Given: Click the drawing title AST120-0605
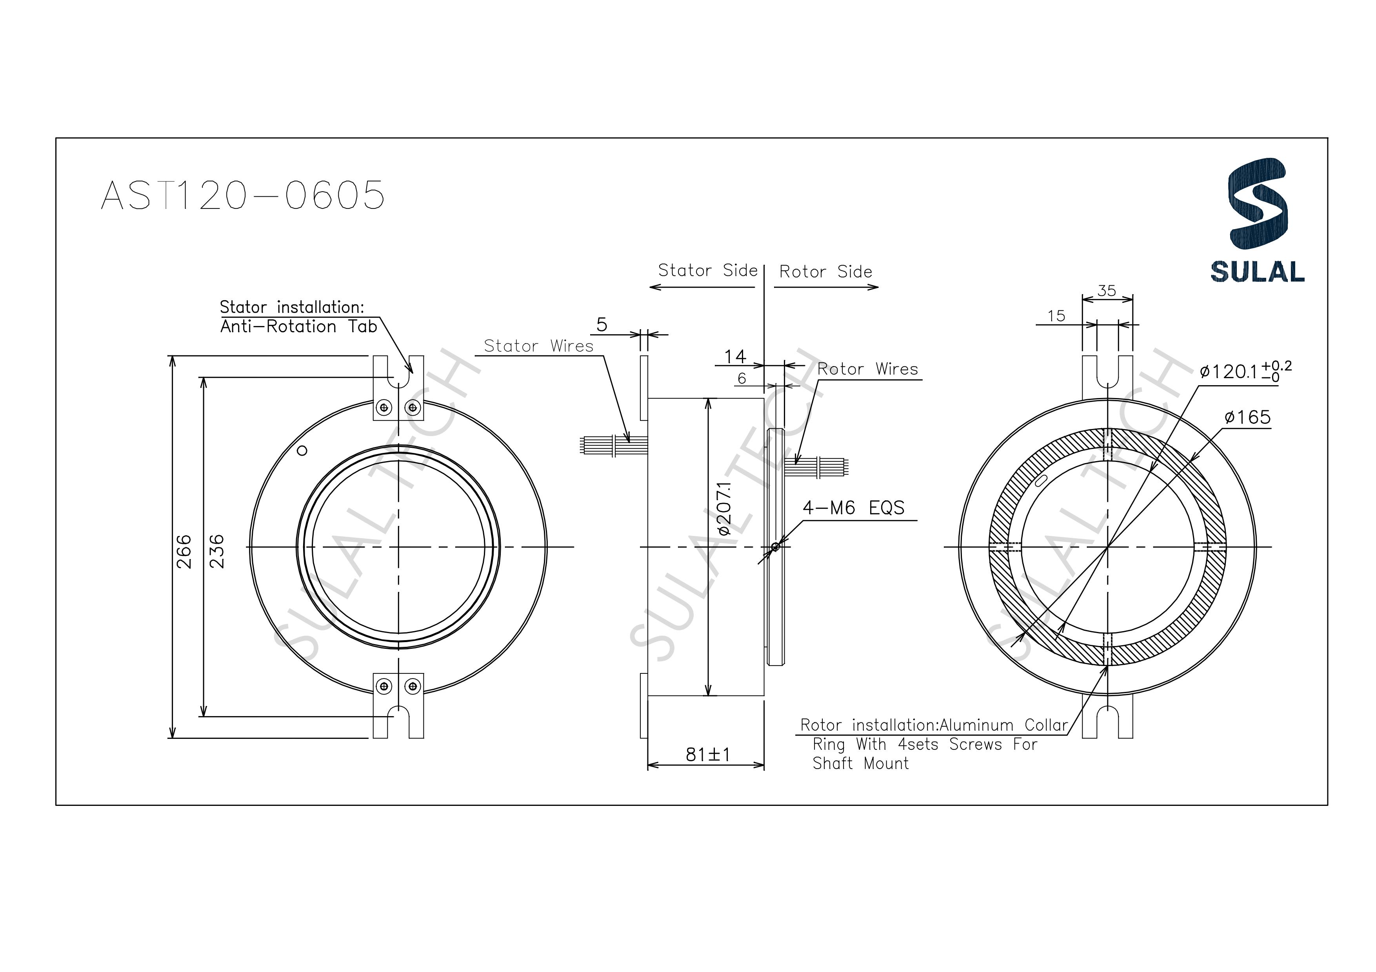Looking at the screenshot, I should click(243, 195).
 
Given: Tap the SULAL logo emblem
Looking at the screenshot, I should click(1257, 204).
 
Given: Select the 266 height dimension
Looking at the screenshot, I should click(184, 552).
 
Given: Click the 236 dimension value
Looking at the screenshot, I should click(216, 552).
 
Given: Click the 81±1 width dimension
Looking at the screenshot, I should click(708, 755).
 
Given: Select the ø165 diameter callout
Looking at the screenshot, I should click(1247, 417).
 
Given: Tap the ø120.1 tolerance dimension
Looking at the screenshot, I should click(1245, 371).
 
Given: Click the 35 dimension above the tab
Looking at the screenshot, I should click(1106, 290).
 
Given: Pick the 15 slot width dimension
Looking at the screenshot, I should click(1056, 316).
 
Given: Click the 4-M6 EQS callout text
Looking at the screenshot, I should click(853, 508).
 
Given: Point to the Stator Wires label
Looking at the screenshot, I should click(538, 346).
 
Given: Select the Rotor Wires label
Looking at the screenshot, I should click(867, 369).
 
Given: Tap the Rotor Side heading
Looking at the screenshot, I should click(825, 272).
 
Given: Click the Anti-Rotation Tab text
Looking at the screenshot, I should click(298, 326).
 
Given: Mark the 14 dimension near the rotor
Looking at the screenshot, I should click(735, 357).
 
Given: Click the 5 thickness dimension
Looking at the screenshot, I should click(602, 325).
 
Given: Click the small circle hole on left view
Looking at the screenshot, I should click(302, 451).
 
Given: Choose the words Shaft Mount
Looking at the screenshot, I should click(860, 764).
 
